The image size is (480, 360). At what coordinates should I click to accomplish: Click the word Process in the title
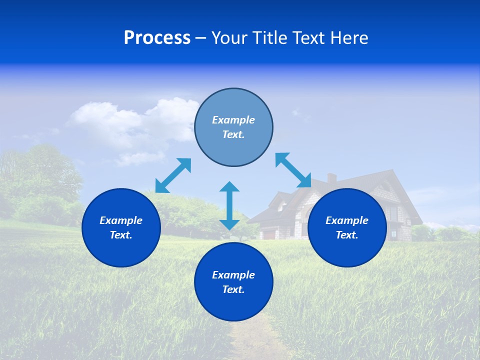(x=157, y=38)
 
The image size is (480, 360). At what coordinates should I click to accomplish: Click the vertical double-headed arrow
(x=229, y=205)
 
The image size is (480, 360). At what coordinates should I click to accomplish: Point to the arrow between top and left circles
(x=173, y=175)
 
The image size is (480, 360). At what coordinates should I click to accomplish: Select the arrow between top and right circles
(x=293, y=170)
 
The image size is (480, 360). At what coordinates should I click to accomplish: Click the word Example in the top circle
(x=233, y=120)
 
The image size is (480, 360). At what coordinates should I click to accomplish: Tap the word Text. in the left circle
(x=121, y=235)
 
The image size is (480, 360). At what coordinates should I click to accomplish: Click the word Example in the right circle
(x=347, y=220)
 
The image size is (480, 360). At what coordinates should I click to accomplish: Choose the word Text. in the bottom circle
(x=233, y=289)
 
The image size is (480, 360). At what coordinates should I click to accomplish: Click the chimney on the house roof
(x=331, y=178)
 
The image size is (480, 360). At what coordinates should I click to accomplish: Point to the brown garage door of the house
(x=268, y=233)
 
